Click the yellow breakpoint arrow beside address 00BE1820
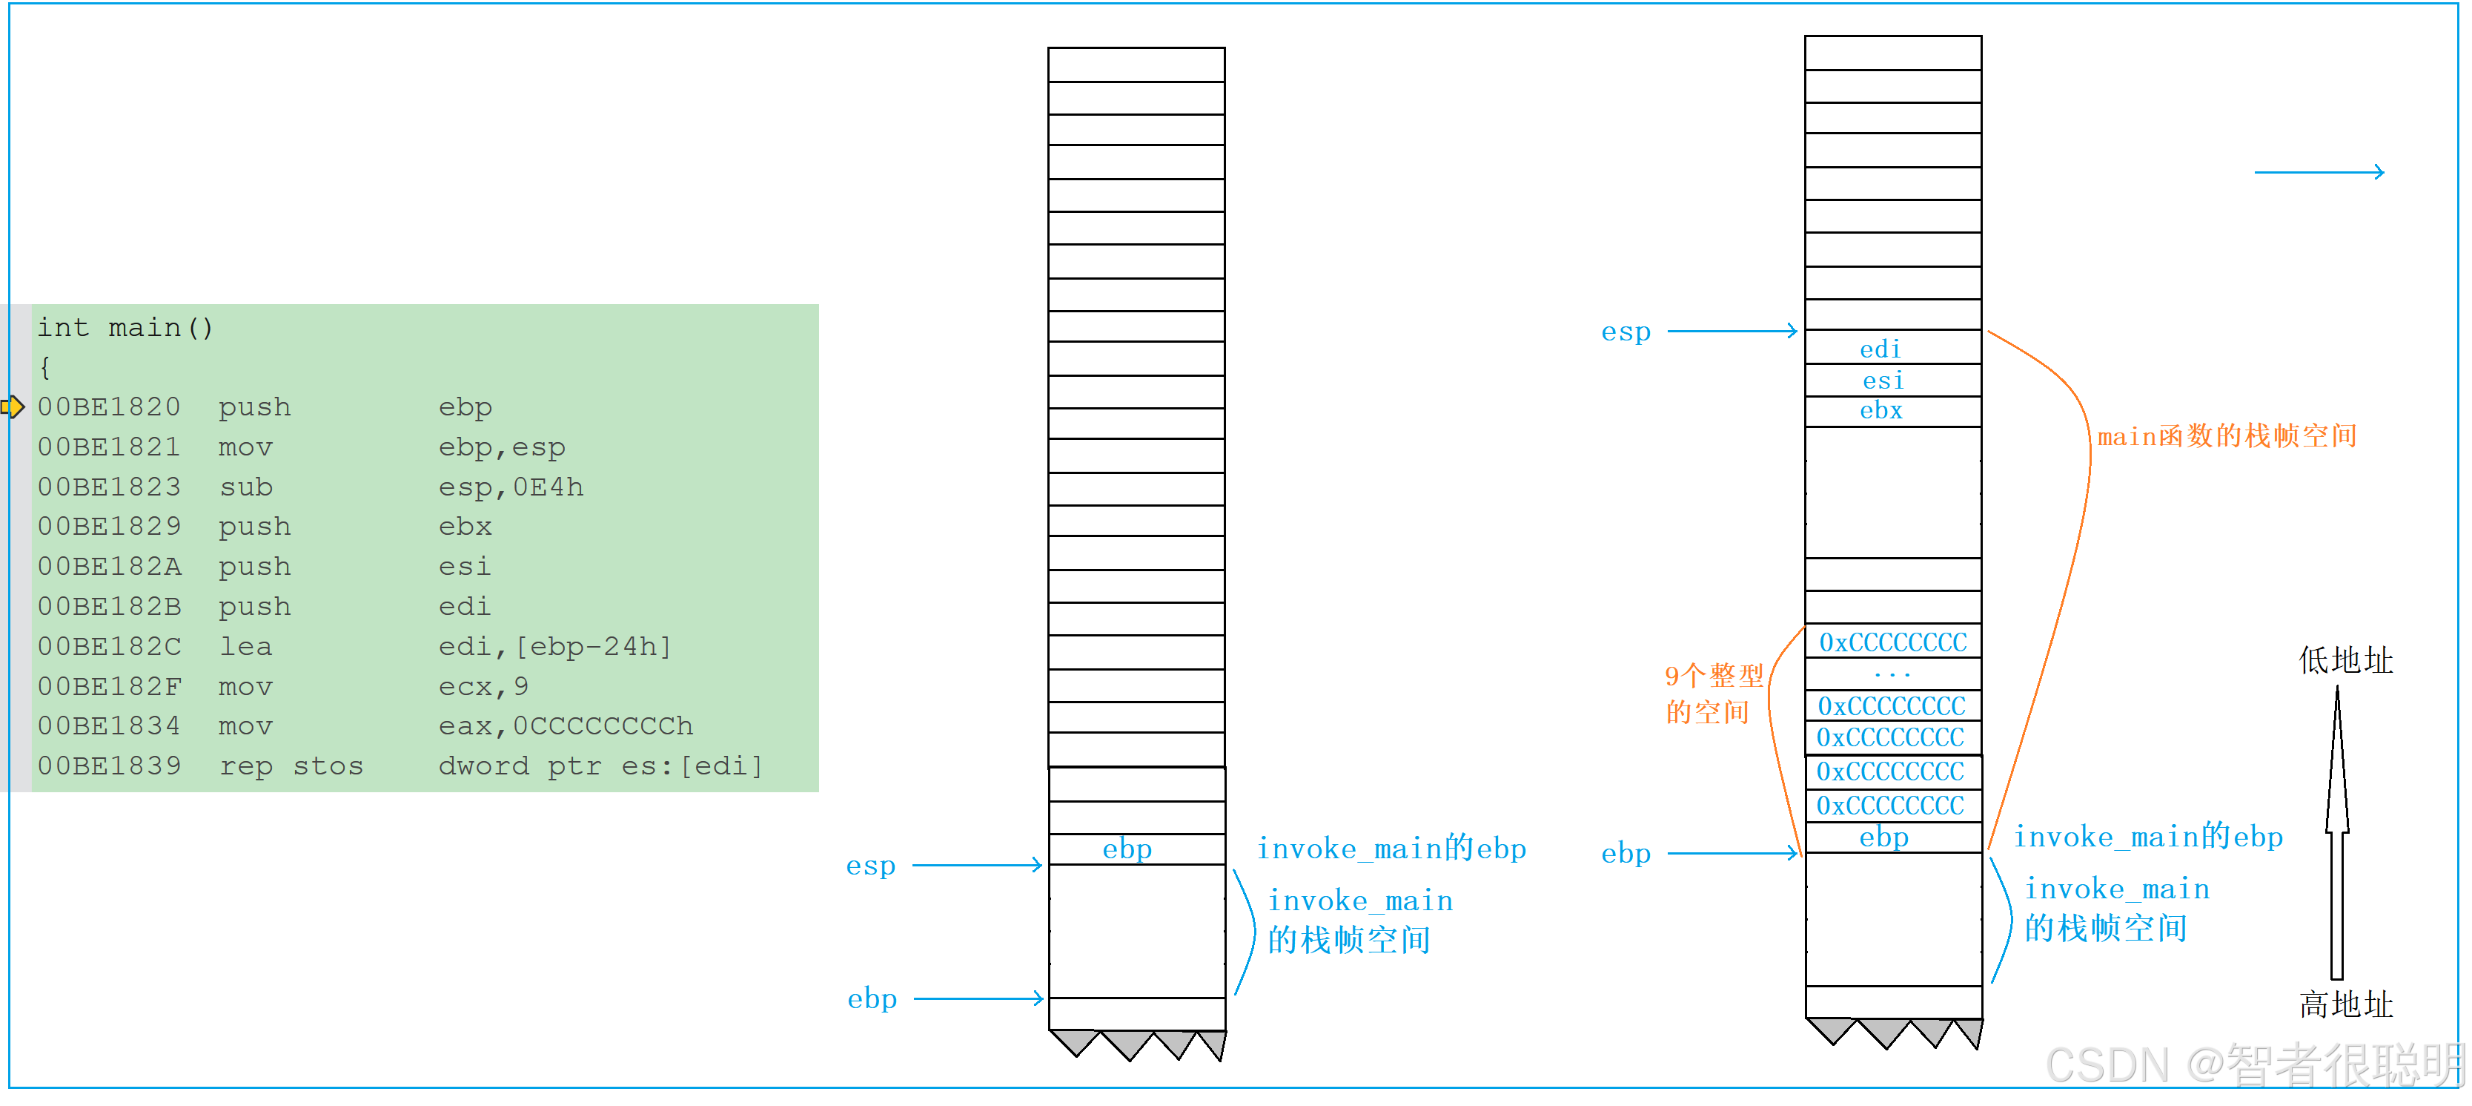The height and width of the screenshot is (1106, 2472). tap(13, 407)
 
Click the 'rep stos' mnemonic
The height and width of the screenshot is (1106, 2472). tap(291, 766)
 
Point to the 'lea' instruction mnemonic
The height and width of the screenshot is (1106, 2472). tap(245, 646)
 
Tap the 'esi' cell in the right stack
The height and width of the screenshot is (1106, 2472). tap(1883, 381)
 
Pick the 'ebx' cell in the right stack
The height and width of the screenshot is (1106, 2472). tap(1881, 411)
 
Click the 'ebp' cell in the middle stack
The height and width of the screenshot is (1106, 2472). tap(1127, 849)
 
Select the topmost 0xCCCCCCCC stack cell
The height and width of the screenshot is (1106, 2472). tap(1892, 642)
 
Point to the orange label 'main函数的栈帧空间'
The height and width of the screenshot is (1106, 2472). tap(2227, 436)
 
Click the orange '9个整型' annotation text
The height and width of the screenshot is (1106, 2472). tap(1714, 676)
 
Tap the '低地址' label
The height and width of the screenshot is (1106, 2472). tap(2345, 660)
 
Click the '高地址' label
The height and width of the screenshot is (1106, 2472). tap(2345, 1004)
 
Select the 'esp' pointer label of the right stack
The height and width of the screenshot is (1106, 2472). tap(1626, 332)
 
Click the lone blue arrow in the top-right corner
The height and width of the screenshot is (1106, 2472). tap(2319, 172)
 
